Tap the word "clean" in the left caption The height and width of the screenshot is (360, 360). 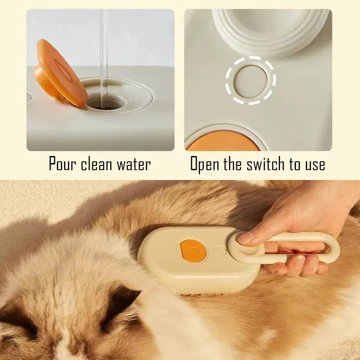tap(97, 164)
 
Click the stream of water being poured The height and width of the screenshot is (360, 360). tap(104, 49)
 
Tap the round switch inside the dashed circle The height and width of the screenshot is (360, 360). tap(251, 81)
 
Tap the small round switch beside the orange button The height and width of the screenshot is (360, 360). tap(221, 251)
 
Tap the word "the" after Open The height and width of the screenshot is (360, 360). tap(232, 164)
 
